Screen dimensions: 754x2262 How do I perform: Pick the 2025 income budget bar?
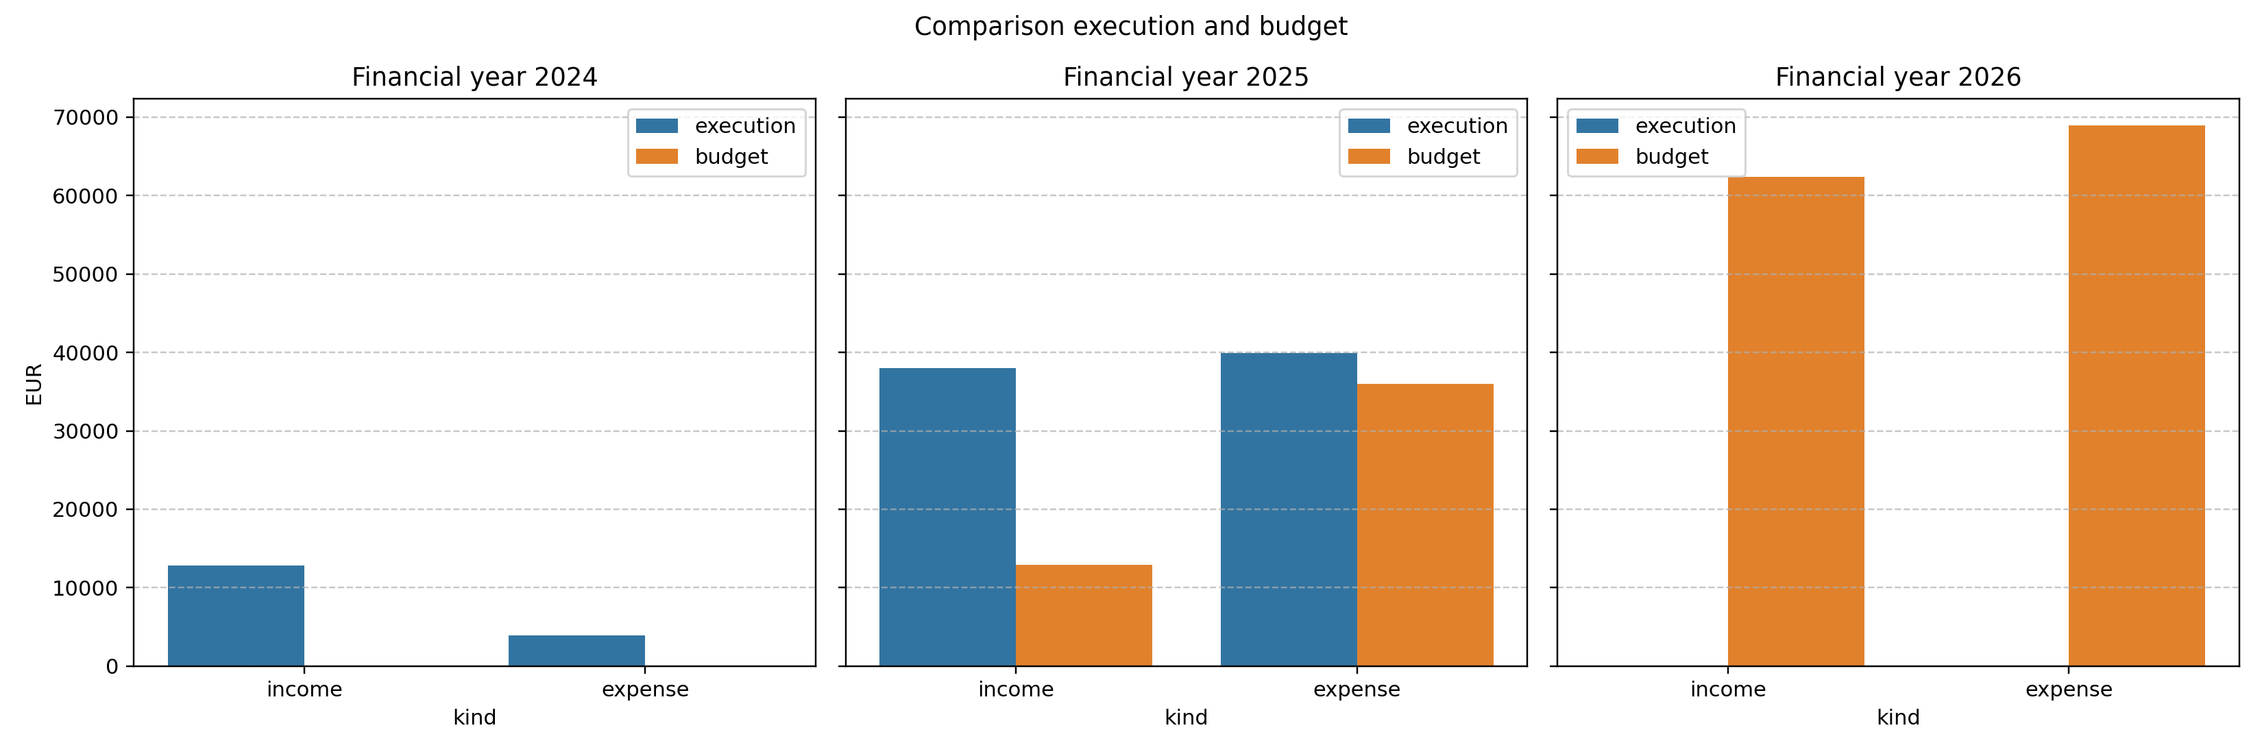click(1084, 616)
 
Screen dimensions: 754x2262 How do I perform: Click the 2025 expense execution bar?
click(1288, 509)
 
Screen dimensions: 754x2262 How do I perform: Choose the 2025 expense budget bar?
click(1424, 525)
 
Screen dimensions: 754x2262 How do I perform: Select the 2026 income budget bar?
click(1796, 422)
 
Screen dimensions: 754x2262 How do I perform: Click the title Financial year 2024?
click(474, 77)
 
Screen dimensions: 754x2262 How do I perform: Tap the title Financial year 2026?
click(1897, 77)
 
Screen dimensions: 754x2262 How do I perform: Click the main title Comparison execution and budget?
click(1130, 26)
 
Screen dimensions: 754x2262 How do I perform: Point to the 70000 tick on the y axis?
click(84, 118)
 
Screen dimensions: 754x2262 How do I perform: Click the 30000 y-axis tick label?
click(84, 432)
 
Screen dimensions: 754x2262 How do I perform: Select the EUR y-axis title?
click(34, 385)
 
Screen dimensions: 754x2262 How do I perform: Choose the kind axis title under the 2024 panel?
click(474, 718)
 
